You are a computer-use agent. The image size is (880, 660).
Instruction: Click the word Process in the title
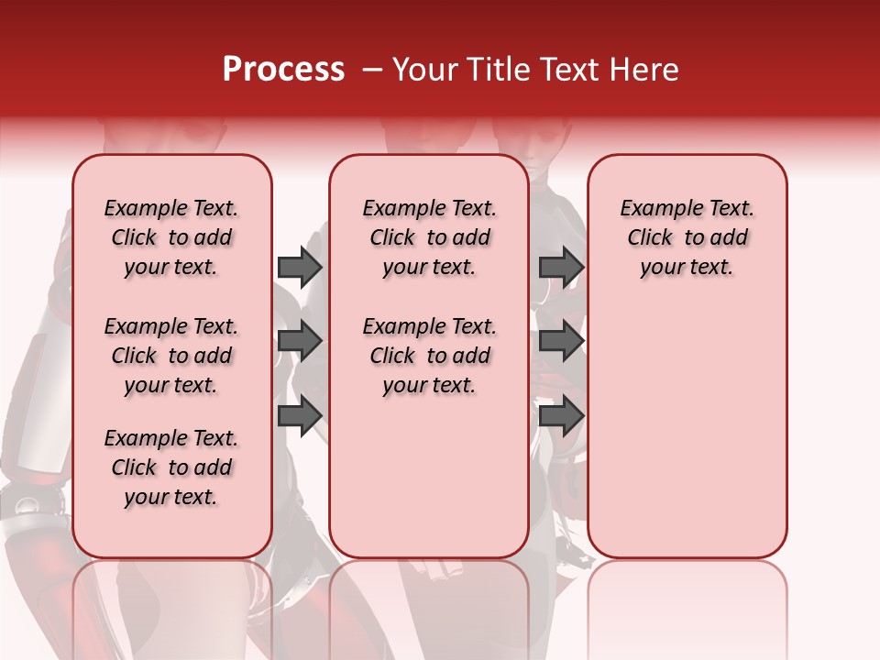tap(283, 70)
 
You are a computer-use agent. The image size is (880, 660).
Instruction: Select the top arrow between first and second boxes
tap(300, 268)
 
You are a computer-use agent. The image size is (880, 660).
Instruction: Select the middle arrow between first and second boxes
tap(300, 342)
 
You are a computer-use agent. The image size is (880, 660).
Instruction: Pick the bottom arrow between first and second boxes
tap(300, 415)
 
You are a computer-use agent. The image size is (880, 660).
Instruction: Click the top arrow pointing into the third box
tap(561, 268)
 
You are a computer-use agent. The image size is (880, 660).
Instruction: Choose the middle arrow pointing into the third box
tap(561, 342)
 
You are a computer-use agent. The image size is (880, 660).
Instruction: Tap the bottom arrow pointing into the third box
tap(561, 415)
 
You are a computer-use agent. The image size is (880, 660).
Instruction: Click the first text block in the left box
tap(171, 237)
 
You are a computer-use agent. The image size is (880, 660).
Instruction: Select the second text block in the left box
tap(171, 356)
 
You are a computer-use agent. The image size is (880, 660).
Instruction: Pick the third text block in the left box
tap(171, 467)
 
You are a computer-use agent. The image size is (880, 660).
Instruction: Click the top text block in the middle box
tap(429, 237)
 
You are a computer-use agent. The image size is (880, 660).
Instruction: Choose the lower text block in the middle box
tap(429, 356)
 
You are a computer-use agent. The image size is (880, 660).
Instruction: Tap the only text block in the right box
tap(687, 237)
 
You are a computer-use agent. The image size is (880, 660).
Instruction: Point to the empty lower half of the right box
tap(687, 431)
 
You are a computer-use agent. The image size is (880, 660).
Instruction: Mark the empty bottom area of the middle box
tap(429, 477)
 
